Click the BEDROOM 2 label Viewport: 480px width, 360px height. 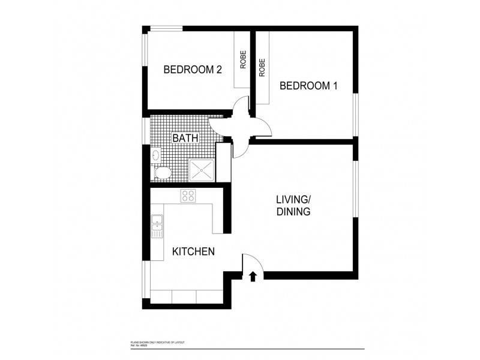click(x=193, y=70)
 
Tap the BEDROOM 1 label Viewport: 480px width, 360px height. click(x=309, y=86)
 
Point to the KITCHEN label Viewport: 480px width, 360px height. click(x=193, y=251)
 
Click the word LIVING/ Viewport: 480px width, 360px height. click(x=293, y=200)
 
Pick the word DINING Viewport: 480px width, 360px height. click(x=293, y=212)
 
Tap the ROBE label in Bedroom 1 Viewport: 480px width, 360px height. click(x=262, y=67)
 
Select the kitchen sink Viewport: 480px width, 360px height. click(x=157, y=226)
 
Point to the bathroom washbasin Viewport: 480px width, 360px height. click(x=155, y=155)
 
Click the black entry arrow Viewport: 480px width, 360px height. click(x=253, y=276)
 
